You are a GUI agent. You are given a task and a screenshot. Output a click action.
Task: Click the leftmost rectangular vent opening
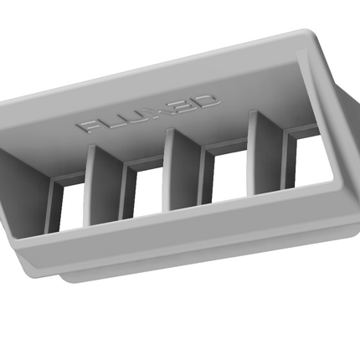(74, 207)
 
